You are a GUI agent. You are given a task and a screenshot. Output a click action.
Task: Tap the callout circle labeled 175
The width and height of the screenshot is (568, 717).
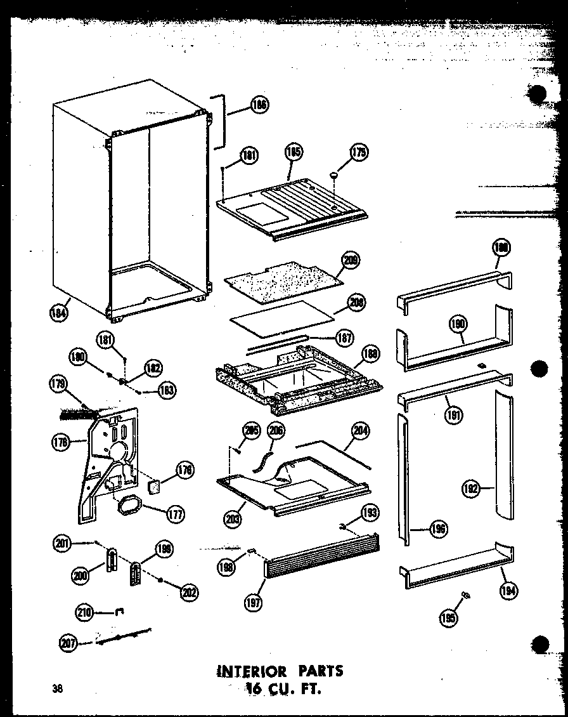pos(359,152)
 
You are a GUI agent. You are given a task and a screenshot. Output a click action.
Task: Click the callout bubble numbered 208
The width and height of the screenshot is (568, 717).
pos(356,303)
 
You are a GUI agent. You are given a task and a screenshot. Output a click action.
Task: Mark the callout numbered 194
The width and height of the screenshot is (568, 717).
pos(508,591)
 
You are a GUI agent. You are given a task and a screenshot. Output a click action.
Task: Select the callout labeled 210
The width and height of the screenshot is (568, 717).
pos(85,612)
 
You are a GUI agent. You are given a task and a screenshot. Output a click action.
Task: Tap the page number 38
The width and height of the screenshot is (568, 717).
pos(58,688)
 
